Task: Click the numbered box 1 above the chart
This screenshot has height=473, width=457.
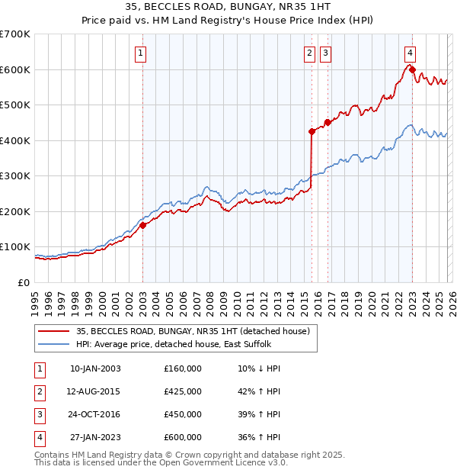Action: pyautogui.click(x=142, y=53)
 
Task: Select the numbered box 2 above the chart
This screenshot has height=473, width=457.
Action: pyautogui.click(x=310, y=53)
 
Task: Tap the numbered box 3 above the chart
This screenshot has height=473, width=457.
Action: pyautogui.click(x=325, y=53)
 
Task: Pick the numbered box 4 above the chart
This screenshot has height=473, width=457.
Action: pyautogui.click(x=410, y=53)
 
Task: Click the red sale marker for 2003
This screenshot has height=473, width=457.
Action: pyautogui.click(x=142, y=225)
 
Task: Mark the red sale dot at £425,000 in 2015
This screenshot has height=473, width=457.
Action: pyautogui.click(x=312, y=131)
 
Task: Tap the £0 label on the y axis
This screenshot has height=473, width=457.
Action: pyautogui.click(x=24, y=282)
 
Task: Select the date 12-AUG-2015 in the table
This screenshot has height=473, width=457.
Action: pyautogui.click(x=94, y=391)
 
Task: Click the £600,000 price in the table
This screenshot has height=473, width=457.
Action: pyautogui.click(x=183, y=437)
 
